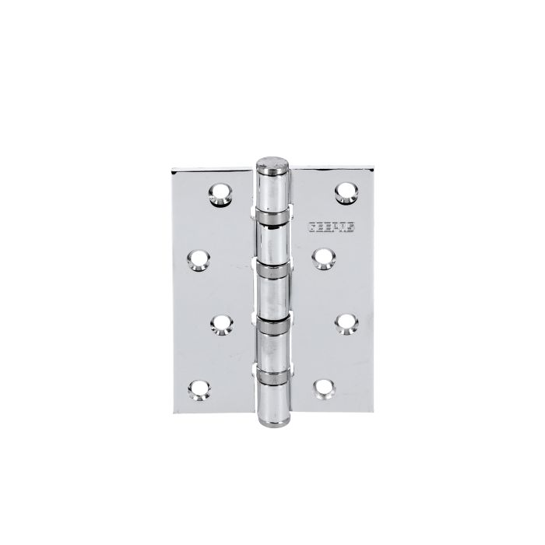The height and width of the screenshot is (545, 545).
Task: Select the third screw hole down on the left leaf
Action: pyautogui.click(x=220, y=321)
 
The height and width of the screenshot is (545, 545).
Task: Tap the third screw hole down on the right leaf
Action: pyautogui.click(x=343, y=321)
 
